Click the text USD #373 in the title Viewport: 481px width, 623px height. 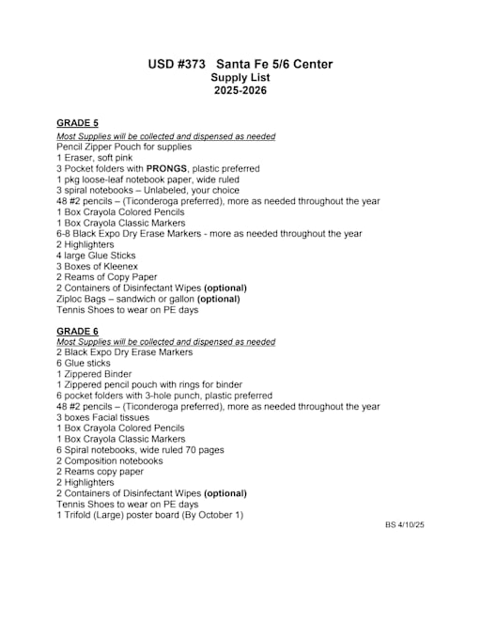[176, 64]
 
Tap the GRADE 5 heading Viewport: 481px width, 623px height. [77, 123]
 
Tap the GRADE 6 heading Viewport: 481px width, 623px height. [77, 331]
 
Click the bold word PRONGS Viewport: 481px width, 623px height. [166, 168]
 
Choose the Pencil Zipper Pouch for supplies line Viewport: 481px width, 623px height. [124, 147]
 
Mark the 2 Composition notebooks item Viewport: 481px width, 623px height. [109, 461]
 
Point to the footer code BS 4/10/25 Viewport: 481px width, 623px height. [405, 525]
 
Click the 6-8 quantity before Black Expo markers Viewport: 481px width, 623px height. [64, 234]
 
